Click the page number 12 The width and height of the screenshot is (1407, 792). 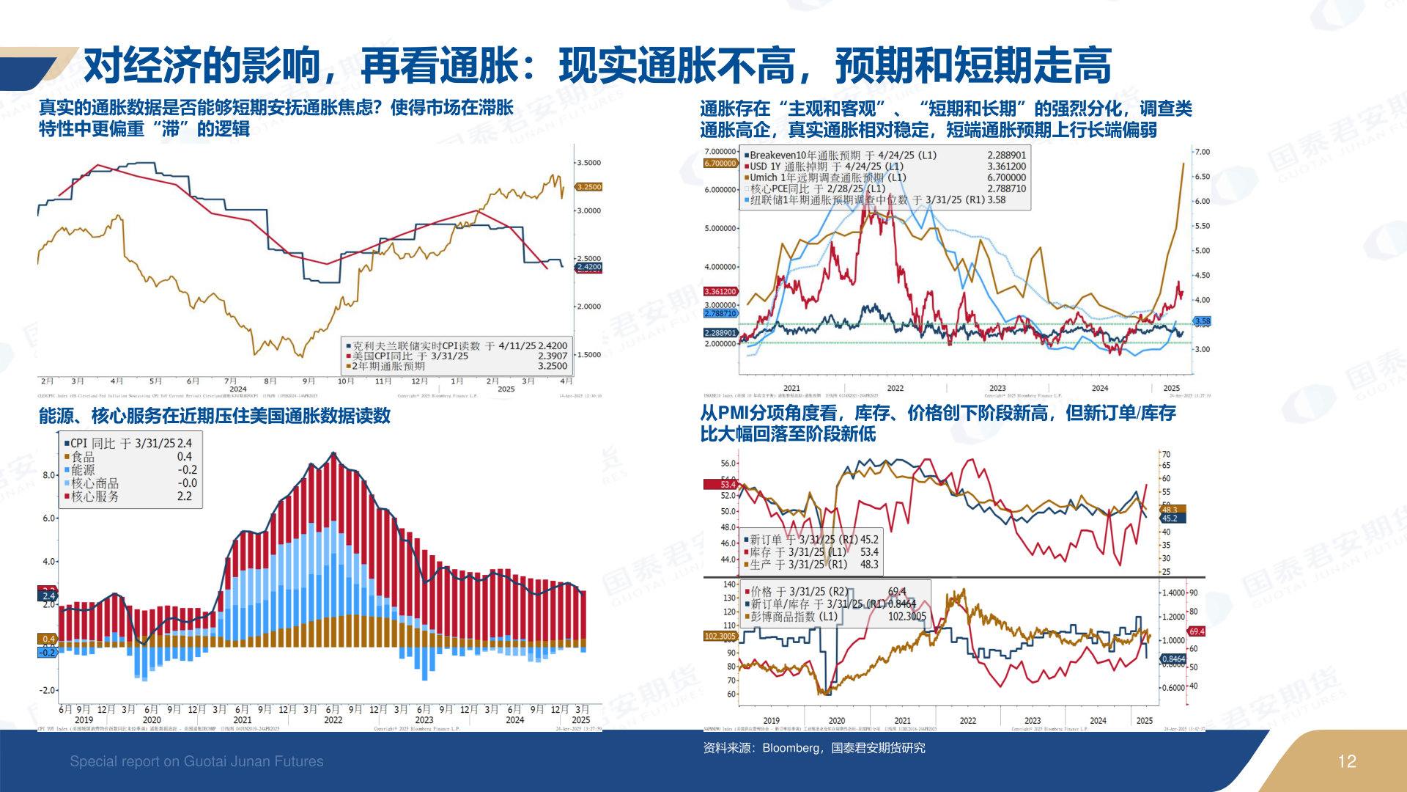1346,762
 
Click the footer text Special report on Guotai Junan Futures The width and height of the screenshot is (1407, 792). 196,762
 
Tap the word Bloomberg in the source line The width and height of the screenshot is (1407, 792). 791,748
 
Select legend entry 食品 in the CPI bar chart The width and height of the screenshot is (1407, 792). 83,457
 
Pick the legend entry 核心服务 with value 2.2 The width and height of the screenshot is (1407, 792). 95,496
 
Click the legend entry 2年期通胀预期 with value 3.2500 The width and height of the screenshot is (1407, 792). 388,366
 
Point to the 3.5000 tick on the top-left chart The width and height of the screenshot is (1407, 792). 588,163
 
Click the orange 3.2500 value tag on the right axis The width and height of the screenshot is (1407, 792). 588,187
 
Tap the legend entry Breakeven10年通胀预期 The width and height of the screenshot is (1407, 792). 805,155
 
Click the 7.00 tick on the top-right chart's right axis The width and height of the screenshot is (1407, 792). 1202,152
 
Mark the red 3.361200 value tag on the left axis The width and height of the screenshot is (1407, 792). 720,292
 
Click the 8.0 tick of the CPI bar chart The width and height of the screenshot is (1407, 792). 49,475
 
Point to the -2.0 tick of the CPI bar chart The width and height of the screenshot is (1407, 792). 48,690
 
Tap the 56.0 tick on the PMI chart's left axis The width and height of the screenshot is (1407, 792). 728,463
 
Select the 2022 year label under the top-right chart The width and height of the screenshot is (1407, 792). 895,389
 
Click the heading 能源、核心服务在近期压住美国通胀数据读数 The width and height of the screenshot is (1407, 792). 215,416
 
